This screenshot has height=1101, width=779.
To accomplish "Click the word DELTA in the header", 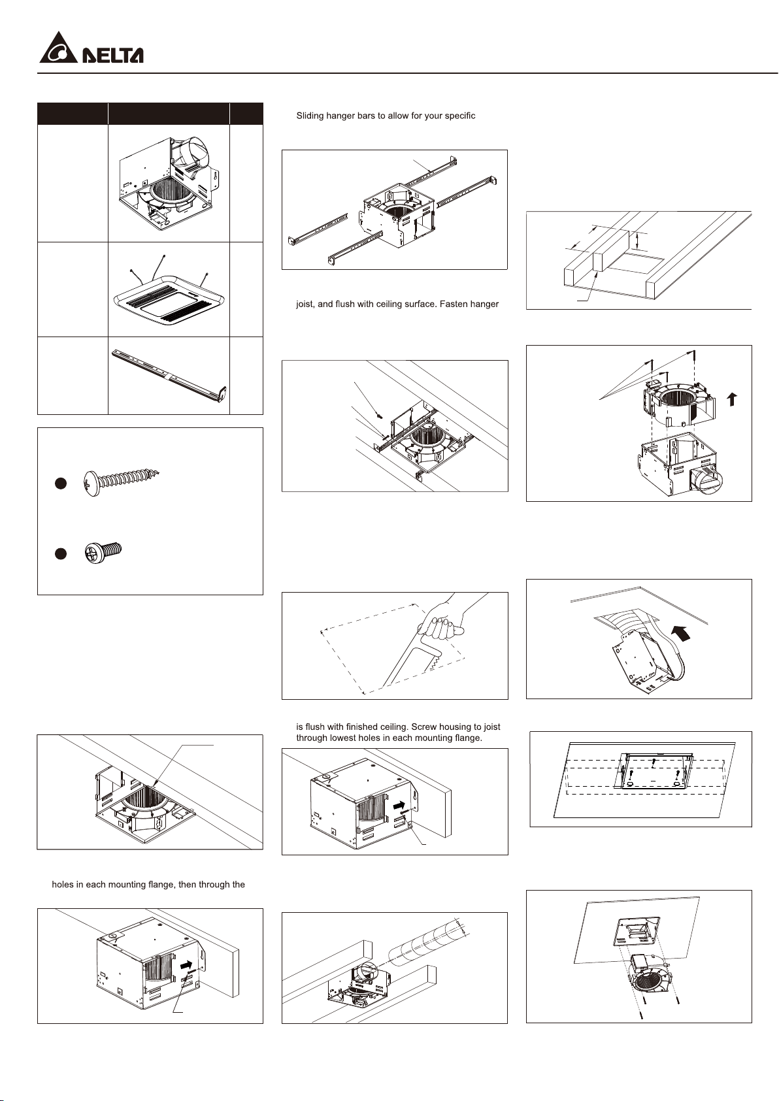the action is pos(112,55).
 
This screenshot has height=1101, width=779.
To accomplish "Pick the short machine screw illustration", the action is pos(104,552).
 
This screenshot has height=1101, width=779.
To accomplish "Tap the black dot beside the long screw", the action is pos(60,484).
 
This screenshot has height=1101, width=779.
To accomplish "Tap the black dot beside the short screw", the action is pos(60,553).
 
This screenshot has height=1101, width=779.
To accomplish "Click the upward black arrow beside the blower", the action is pos(733,399).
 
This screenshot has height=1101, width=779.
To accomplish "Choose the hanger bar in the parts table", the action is pos(169,376).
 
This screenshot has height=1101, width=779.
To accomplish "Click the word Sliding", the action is pos(311,116).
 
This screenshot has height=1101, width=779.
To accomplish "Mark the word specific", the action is pos(459,116).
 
